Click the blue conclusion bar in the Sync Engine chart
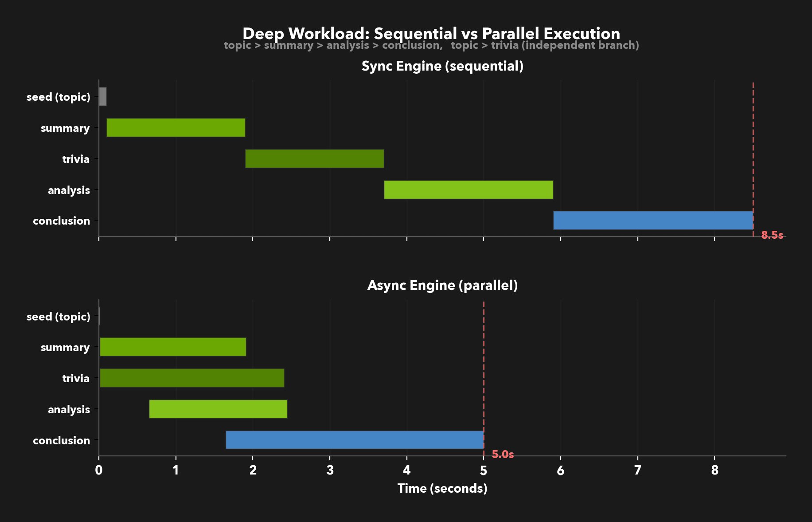pyautogui.click(x=653, y=220)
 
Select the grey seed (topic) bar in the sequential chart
pyautogui.click(x=103, y=96)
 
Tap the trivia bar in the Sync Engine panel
pyautogui.click(x=314, y=158)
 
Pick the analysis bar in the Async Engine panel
pyautogui.click(x=218, y=409)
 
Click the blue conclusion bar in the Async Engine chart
pyautogui.click(x=355, y=440)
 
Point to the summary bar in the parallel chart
pyautogui.click(x=173, y=347)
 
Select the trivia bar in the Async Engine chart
pyautogui.click(x=192, y=378)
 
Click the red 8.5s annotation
pyautogui.click(x=772, y=235)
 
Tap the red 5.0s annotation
pyautogui.click(x=503, y=455)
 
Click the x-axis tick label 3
pyautogui.click(x=330, y=471)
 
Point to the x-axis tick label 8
pyautogui.click(x=714, y=471)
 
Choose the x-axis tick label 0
pyautogui.click(x=99, y=471)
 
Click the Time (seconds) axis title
pyautogui.click(x=442, y=488)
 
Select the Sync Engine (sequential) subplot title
pyautogui.click(x=442, y=66)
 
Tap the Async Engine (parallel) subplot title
pyautogui.click(x=442, y=285)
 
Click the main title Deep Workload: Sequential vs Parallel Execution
pyautogui.click(x=431, y=33)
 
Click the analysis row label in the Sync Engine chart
pyautogui.click(x=69, y=190)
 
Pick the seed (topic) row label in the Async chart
pyautogui.click(x=59, y=316)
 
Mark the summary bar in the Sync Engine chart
pyautogui.click(x=176, y=127)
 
